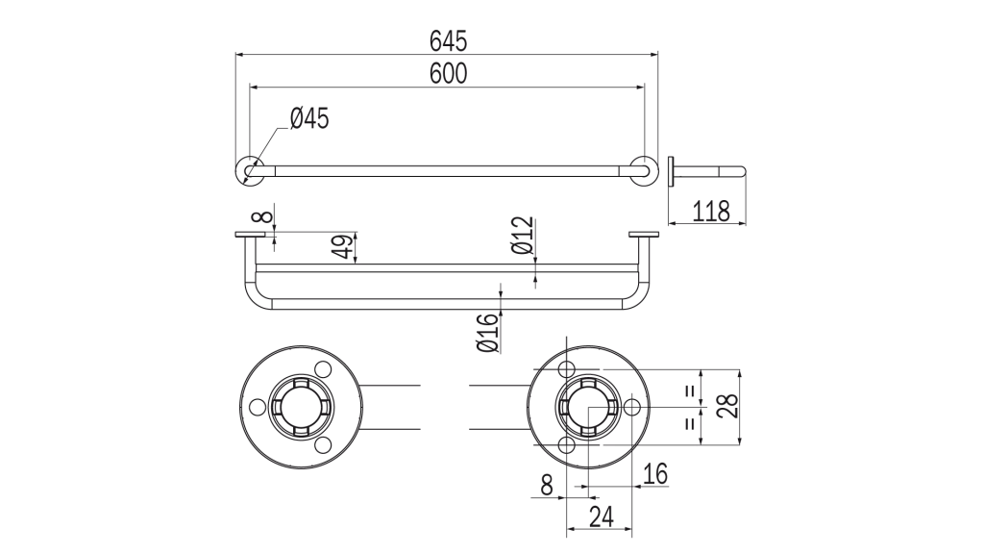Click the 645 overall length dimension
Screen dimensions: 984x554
tap(448, 41)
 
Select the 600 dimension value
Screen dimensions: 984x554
tap(448, 73)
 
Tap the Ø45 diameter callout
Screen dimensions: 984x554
tap(309, 118)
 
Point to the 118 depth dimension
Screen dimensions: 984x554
tap(711, 211)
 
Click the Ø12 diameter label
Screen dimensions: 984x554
tap(522, 235)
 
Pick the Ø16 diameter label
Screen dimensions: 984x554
tap(487, 332)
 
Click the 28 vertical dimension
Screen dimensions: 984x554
tap(727, 406)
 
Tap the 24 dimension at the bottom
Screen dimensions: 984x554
tap(601, 516)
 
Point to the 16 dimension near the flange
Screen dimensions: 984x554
tap(654, 473)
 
